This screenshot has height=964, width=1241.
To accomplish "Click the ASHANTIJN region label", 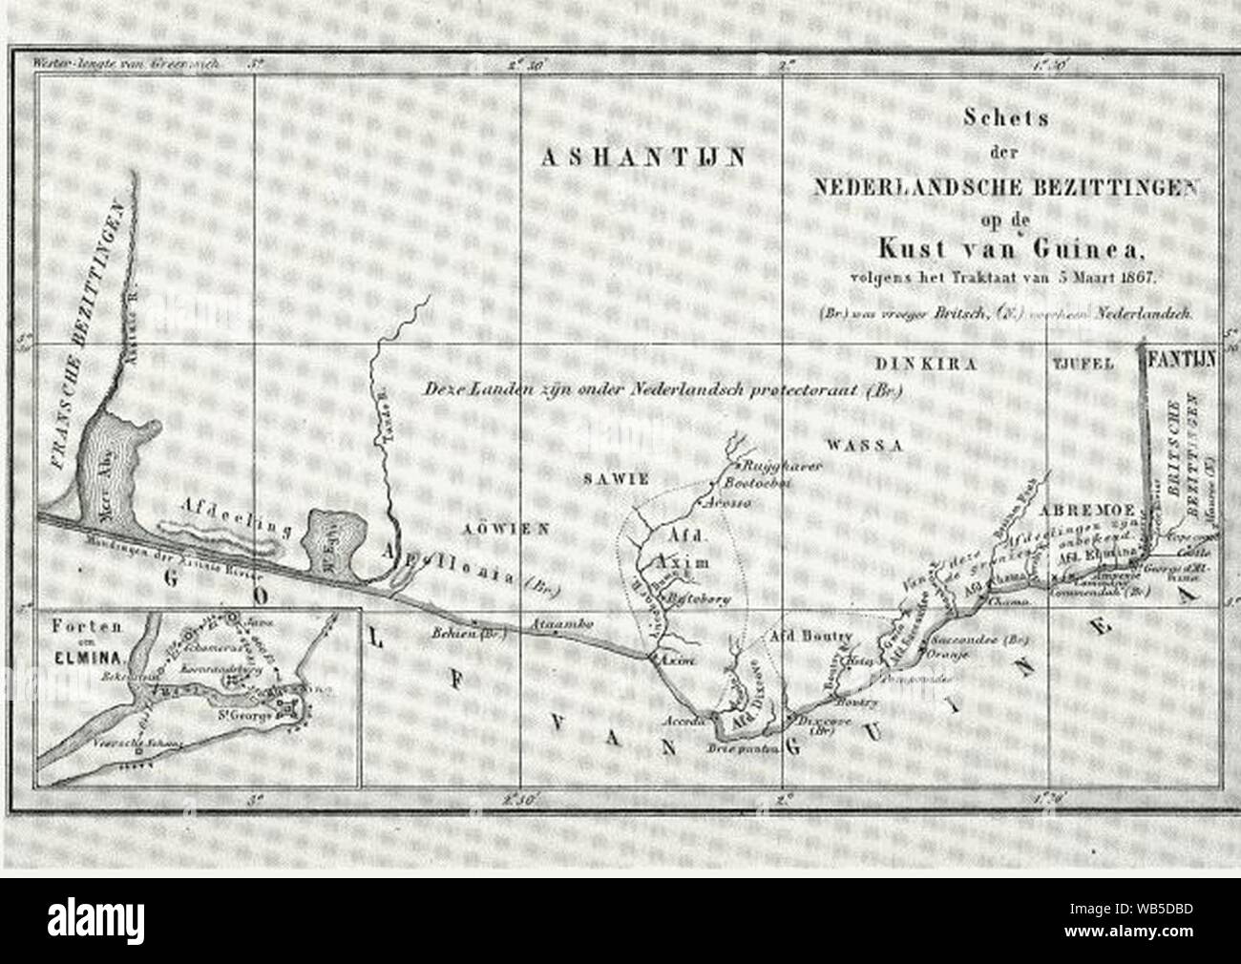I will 642,159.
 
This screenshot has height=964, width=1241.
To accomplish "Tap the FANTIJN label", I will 1183,362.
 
